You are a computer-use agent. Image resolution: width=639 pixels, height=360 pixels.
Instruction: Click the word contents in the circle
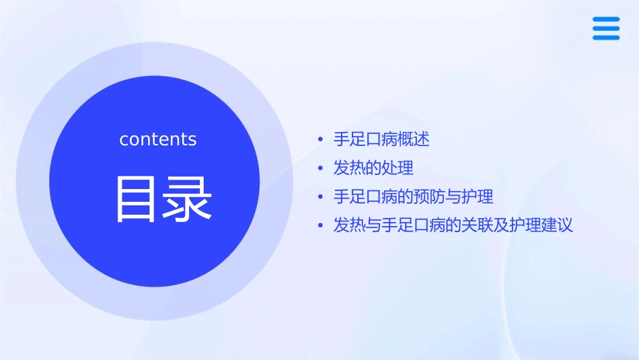coord(157,139)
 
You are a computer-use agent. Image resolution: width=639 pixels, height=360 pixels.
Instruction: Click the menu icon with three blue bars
coord(605,28)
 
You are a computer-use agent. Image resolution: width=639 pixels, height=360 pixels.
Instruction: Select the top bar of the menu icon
coord(605,19)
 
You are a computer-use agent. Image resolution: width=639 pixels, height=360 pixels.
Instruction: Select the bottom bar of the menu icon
coord(605,38)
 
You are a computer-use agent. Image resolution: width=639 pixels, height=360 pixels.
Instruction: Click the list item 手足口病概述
coord(381,139)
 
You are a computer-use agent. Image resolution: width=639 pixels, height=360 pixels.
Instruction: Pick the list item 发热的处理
coord(373,168)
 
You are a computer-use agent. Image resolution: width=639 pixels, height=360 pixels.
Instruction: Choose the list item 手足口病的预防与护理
coord(413,196)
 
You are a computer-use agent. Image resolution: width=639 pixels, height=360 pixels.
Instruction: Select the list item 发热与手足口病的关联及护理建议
coord(453,225)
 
